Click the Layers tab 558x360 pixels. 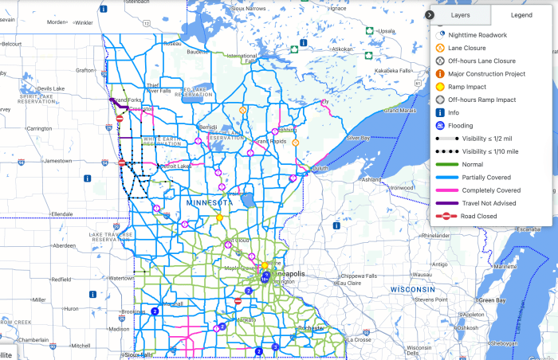(x=460, y=15)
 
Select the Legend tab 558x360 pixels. (x=521, y=15)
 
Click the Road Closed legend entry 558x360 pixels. (x=478, y=216)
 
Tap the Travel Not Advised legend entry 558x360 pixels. (x=488, y=203)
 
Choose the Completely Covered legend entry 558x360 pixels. (x=490, y=190)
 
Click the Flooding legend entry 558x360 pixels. (x=460, y=125)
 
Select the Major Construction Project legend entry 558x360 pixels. (x=487, y=74)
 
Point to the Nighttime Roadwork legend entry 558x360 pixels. (x=477, y=35)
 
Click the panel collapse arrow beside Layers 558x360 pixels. (x=429, y=15)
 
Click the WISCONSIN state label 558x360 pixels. (x=412, y=288)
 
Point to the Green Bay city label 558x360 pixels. (x=491, y=300)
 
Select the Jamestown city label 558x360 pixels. (x=57, y=160)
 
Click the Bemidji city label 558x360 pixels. (x=207, y=127)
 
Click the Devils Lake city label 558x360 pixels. (x=50, y=88)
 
